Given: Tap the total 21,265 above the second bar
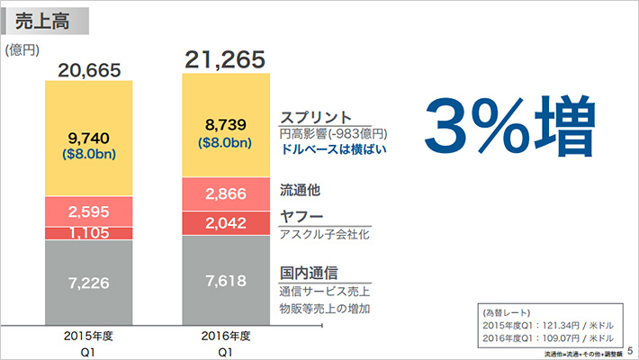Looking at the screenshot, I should (224, 60).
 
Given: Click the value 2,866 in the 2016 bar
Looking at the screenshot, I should (223, 193).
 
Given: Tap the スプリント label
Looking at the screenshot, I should (315, 116).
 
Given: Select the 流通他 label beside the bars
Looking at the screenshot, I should (301, 190).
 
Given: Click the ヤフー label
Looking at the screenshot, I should (301, 217).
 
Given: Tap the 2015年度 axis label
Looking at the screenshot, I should (88, 335).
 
